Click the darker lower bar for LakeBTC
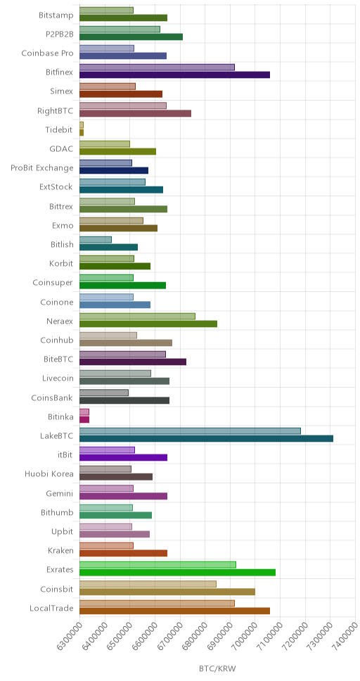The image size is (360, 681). coord(206,438)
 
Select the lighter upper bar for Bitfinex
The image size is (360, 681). coord(157,68)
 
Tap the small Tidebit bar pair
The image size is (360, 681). coord(82,129)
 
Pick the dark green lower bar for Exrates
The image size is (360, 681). coord(178,572)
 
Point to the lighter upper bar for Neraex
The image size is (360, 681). coord(138,316)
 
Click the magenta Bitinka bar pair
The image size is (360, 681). coord(84,416)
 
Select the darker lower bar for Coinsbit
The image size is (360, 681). coord(167,591)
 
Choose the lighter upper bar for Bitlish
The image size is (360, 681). coord(96,239)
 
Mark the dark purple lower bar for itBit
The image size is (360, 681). coord(123,457)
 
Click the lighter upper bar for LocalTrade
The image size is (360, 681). coord(157,603)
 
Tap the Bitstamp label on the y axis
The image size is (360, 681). coord(56,15)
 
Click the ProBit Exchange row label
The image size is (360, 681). coord(42,168)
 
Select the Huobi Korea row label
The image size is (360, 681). coord(49,474)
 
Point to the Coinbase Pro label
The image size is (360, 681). coord(47,53)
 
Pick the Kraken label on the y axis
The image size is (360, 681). coord(60,551)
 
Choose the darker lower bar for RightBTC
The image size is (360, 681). coord(136,113)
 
